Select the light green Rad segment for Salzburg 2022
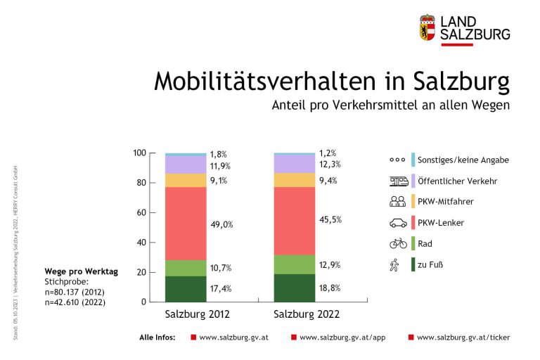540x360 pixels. (295, 264)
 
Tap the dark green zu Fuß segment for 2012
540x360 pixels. (186, 289)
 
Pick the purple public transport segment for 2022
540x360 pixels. (295, 164)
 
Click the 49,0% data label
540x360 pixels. (221, 225)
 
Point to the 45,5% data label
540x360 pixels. (330, 219)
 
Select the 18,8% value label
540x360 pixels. (330, 288)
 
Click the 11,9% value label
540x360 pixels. (221, 167)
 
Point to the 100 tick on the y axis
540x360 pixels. (139, 153)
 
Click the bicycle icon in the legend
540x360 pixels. (398, 243)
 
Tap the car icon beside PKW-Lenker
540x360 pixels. (398, 223)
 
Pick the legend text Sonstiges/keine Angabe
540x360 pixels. (463, 160)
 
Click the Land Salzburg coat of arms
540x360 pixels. (427, 27)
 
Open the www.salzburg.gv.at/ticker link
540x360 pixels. (463, 337)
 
